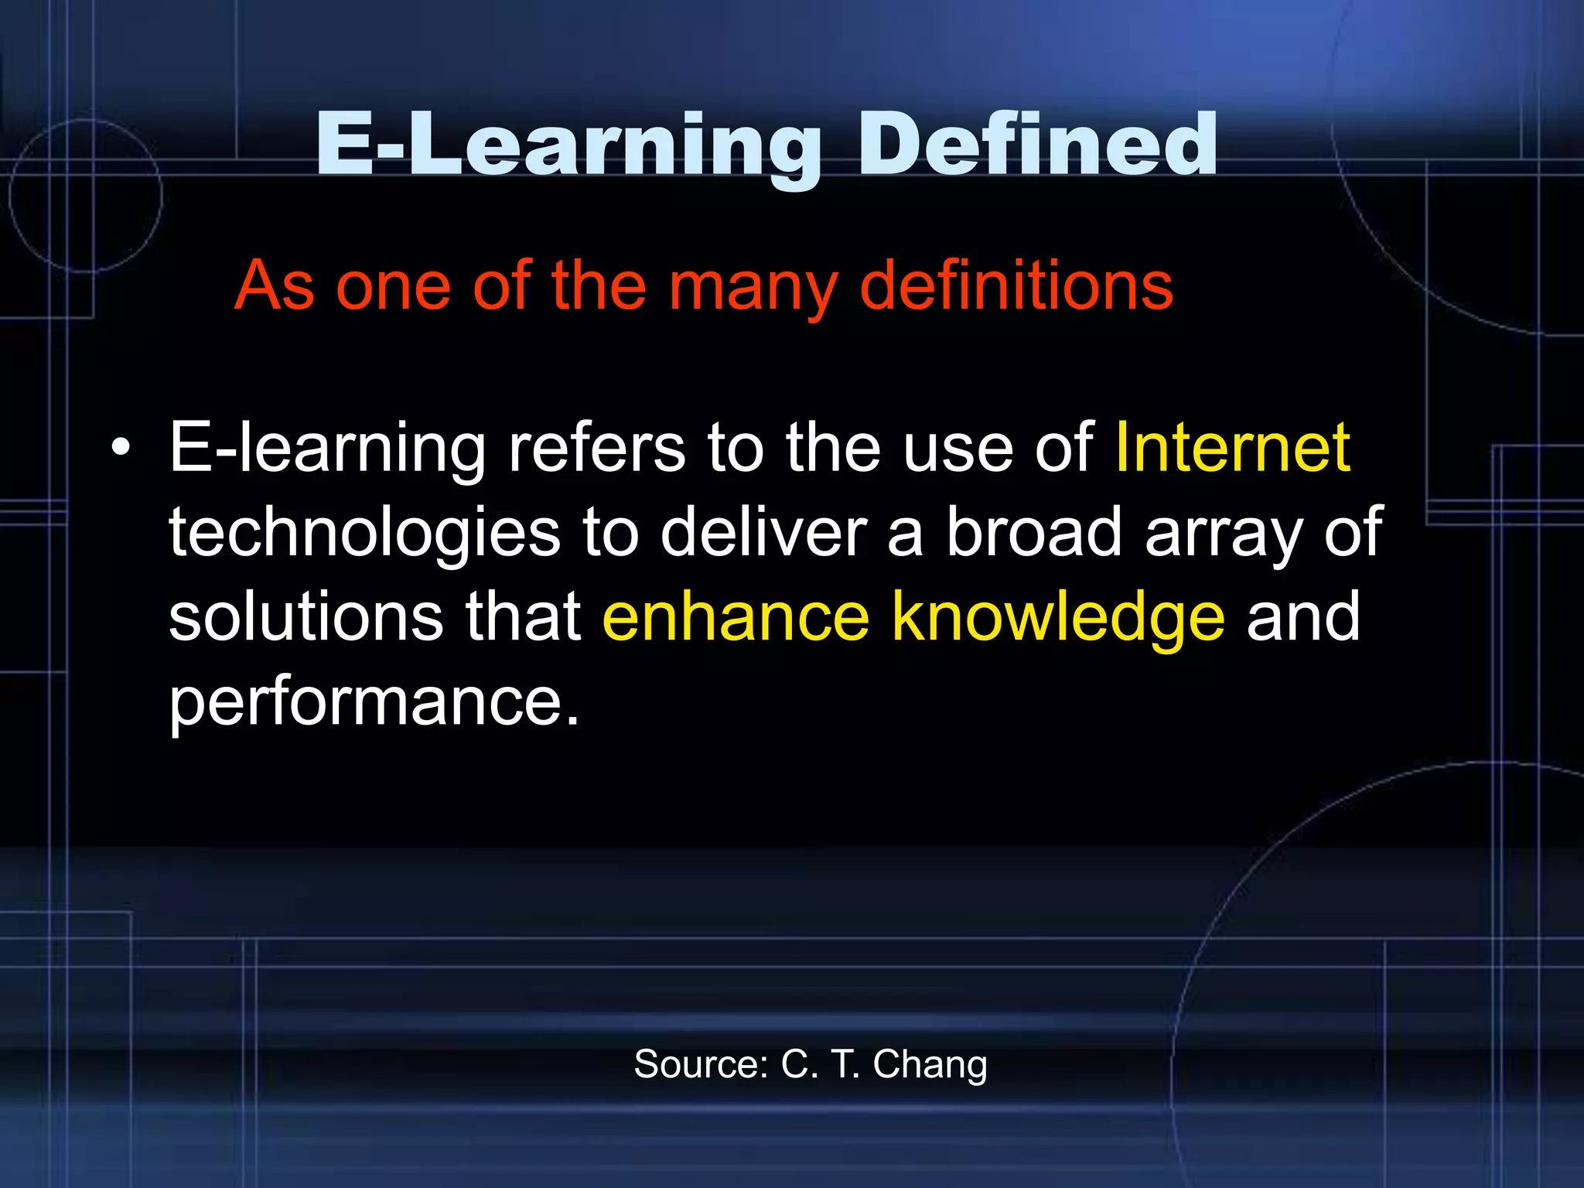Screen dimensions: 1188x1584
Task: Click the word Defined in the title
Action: point(1037,145)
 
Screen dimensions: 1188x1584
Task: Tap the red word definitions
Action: point(1016,285)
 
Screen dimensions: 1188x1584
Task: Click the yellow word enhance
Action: point(736,616)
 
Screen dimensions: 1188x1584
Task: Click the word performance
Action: point(374,703)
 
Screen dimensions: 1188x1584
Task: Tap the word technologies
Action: point(364,534)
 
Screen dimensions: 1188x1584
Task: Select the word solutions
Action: point(306,616)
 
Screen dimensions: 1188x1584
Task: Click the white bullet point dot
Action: point(120,449)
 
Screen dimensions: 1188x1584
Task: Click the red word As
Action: point(275,286)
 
